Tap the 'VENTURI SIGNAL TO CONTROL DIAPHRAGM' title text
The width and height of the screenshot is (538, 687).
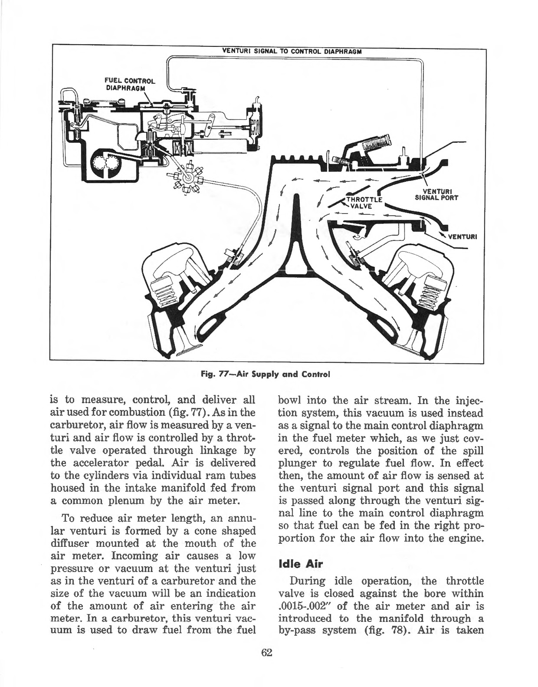pyautogui.click(x=292, y=50)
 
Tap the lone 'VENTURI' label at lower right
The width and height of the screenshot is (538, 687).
pyautogui.click(x=462, y=237)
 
